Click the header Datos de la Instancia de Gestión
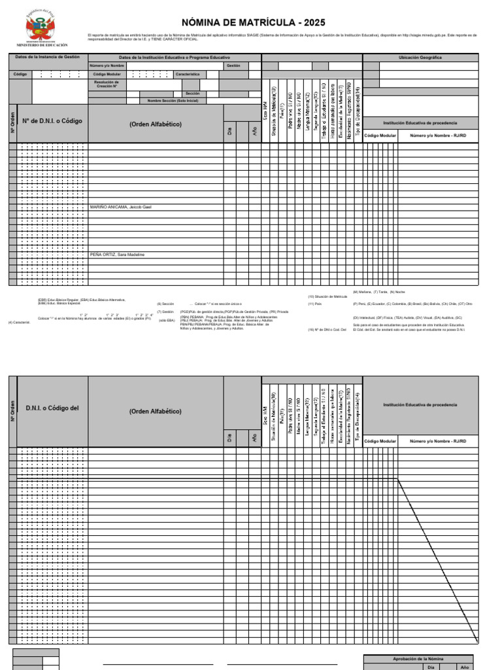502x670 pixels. [x=47, y=57]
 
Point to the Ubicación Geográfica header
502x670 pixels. [x=420, y=58]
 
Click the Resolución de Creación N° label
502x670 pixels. [x=107, y=84]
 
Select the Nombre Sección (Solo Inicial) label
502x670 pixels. [x=172, y=101]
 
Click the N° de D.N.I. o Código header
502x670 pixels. [x=52, y=121]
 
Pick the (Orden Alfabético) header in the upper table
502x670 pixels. [x=156, y=124]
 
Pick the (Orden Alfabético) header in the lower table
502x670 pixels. [x=156, y=412]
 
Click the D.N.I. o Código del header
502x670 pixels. [x=52, y=408]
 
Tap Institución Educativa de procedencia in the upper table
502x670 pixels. [x=420, y=122]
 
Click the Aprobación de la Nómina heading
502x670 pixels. [x=418, y=659]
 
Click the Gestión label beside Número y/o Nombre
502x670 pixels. [x=233, y=65]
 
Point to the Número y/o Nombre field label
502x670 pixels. [x=107, y=65]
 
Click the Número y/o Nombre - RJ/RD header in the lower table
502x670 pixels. [x=437, y=441]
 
